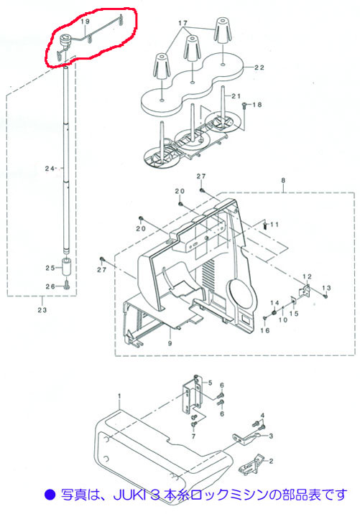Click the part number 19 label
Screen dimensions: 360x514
(x=85, y=22)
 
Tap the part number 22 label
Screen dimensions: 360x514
(x=259, y=67)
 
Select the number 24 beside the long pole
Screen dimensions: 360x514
(x=50, y=169)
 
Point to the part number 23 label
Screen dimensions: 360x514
(x=42, y=309)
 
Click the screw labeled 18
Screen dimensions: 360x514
(x=244, y=105)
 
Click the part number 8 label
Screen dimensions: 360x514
(x=283, y=180)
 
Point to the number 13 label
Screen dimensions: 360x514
(x=326, y=288)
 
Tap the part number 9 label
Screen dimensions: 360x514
(x=170, y=344)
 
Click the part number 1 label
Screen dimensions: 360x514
(x=119, y=396)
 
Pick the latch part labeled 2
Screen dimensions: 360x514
(x=252, y=464)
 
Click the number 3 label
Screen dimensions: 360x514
(x=271, y=436)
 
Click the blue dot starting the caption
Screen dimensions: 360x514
(x=50, y=495)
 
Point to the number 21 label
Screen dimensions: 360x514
(x=236, y=96)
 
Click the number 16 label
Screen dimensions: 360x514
(x=265, y=331)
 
